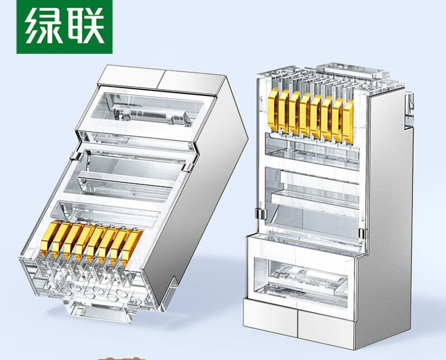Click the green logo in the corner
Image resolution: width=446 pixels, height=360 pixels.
point(65,27)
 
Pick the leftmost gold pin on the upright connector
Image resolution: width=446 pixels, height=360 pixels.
point(274,110)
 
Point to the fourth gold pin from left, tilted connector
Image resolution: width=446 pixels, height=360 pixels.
point(84,243)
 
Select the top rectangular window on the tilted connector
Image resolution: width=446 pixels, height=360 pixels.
point(147,110)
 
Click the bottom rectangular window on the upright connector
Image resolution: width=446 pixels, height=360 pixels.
point(301,279)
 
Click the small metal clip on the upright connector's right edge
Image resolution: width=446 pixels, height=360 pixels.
point(361,234)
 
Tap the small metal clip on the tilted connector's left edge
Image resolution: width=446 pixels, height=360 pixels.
point(74,155)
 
